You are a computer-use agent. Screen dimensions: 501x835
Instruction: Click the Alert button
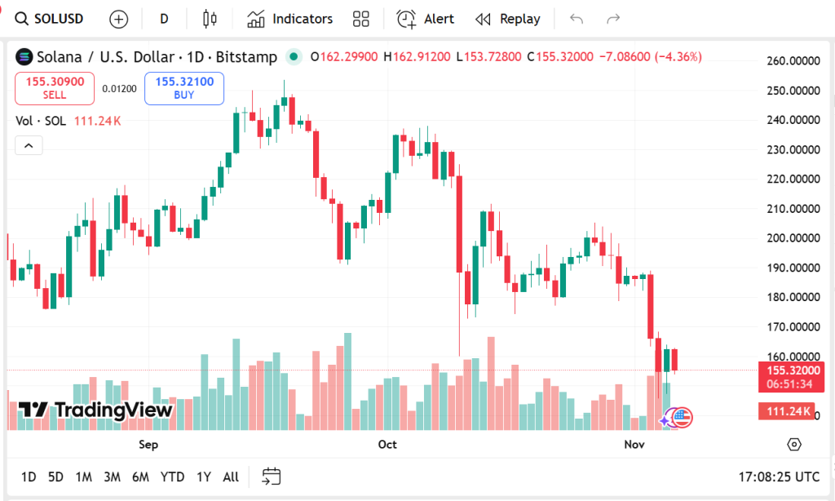coord(425,19)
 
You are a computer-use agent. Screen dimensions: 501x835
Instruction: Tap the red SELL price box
coord(55,88)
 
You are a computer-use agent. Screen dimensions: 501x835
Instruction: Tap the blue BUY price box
coord(184,88)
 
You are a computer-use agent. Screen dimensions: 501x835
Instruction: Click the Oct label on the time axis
coord(387,445)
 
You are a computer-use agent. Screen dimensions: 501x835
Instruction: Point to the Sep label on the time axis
coord(148,445)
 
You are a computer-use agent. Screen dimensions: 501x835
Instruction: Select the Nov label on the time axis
coord(634,445)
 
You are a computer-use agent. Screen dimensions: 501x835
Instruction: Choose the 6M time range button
coord(140,477)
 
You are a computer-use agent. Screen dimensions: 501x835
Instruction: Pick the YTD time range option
coord(172,477)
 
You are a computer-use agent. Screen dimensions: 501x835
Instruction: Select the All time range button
coord(231,477)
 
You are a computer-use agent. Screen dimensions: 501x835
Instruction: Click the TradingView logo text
coord(96,410)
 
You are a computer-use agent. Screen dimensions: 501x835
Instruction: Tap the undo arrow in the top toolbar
coord(577,19)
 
